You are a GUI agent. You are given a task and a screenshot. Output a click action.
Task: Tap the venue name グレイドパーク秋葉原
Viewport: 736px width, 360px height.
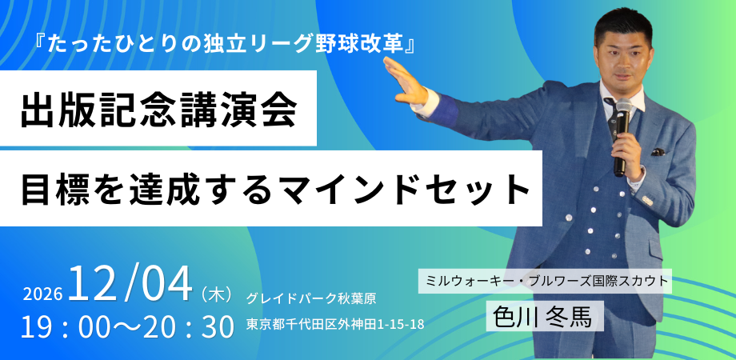click(311, 298)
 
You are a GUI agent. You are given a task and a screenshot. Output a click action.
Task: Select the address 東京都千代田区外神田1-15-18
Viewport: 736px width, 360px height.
click(334, 325)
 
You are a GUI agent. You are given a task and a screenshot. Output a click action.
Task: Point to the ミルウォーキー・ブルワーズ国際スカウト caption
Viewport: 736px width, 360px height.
click(544, 282)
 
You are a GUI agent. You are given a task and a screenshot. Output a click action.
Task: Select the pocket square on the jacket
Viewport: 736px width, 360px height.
click(658, 150)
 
